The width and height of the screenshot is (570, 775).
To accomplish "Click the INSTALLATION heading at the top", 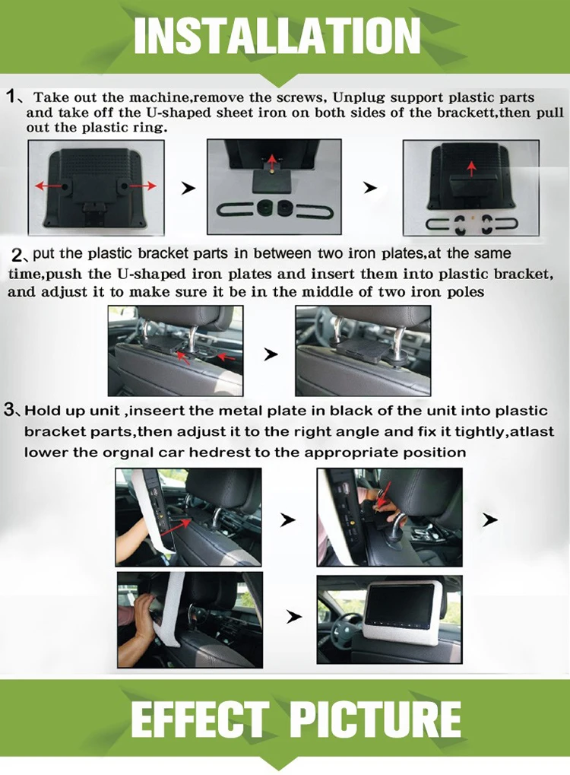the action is pyautogui.click(x=277, y=36).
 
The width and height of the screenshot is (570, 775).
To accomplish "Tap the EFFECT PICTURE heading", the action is pyautogui.click(x=296, y=719).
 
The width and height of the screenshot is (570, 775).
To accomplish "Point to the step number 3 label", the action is pyautogui.click(x=9, y=410).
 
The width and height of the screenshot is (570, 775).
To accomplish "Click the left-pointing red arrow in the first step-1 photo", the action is pyautogui.click(x=49, y=186).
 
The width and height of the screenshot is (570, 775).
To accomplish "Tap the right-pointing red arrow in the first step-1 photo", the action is pyautogui.click(x=142, y=186).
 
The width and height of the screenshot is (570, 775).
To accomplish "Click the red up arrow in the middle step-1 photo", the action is pyautogui.click(x=271, y=162).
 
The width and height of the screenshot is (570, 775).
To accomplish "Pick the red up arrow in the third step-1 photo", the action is pyautogui.click(x=471, y=169).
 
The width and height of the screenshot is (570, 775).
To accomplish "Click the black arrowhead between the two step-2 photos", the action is pyautogui.click(x=271, y=354).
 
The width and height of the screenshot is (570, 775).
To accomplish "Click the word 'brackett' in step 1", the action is pyautogui.click(x=467, y=113).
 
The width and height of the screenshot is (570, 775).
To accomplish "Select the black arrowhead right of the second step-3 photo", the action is pyautogui.click(x=489, y=520).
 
